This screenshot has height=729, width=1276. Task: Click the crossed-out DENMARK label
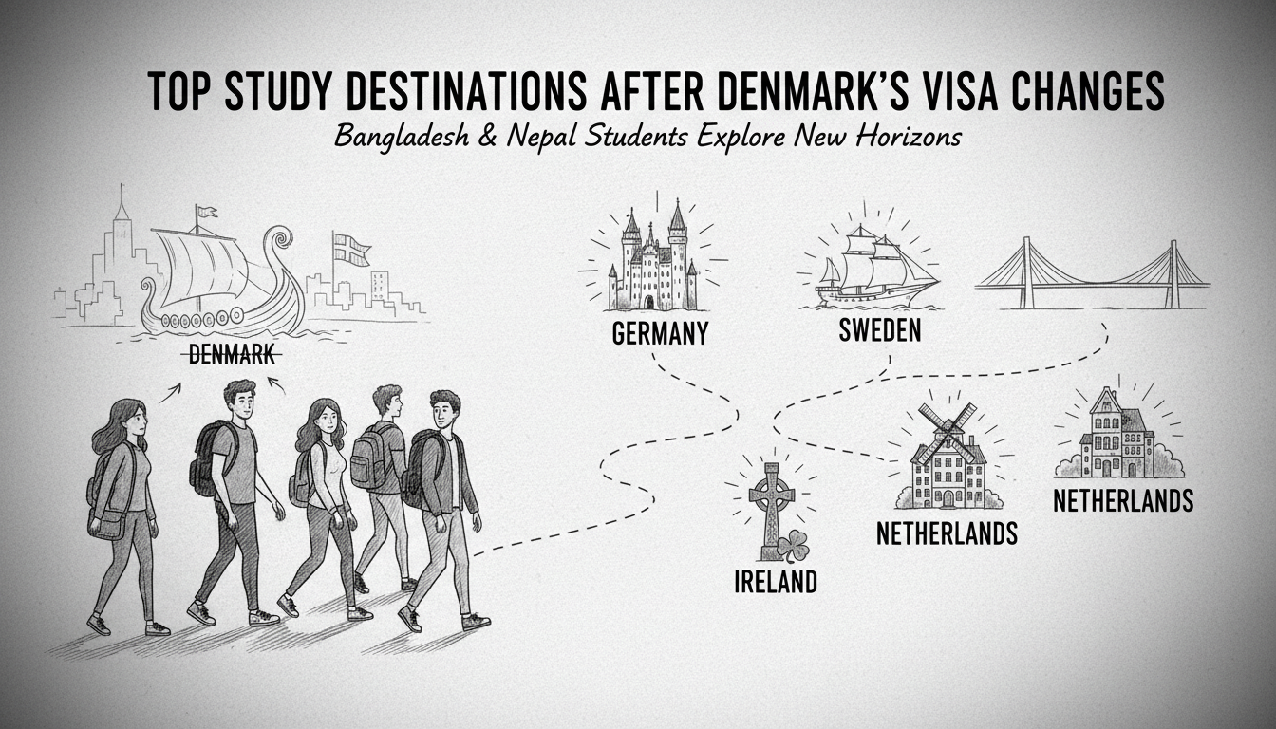click(232, 355)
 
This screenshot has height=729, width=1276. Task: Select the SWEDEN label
click(880, 331)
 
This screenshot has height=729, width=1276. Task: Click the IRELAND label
click(775, 582)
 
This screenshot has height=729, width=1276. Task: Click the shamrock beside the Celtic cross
click(793, 546)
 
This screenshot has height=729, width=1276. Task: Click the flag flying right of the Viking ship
click(351, 249)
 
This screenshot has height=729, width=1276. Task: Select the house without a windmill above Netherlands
click(1116, 437)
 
